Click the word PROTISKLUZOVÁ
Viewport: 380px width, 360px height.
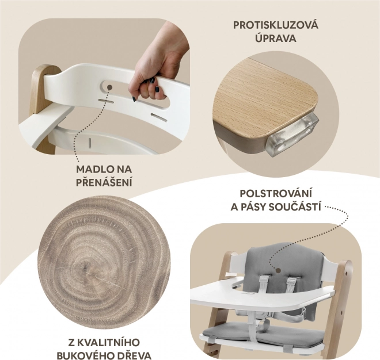pyautogui.click(x=276, y=25)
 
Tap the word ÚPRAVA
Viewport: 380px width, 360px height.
pyautogui.click(x=276, y=38)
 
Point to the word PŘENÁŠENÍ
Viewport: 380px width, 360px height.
pyautogui.click(x=104, y=182)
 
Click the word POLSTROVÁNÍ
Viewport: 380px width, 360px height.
pyautogui.click(x=276, y=194)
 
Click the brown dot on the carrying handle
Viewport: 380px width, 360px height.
pyautogui.click(x=109, y=87)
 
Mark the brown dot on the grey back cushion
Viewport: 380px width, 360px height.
pyautogui.click(x=278, y=270)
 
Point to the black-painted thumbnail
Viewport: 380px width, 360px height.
pyautogui.click(x=157, y=89)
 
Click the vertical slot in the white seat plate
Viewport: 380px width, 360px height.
pyautogui.click(x=90, y=143)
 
